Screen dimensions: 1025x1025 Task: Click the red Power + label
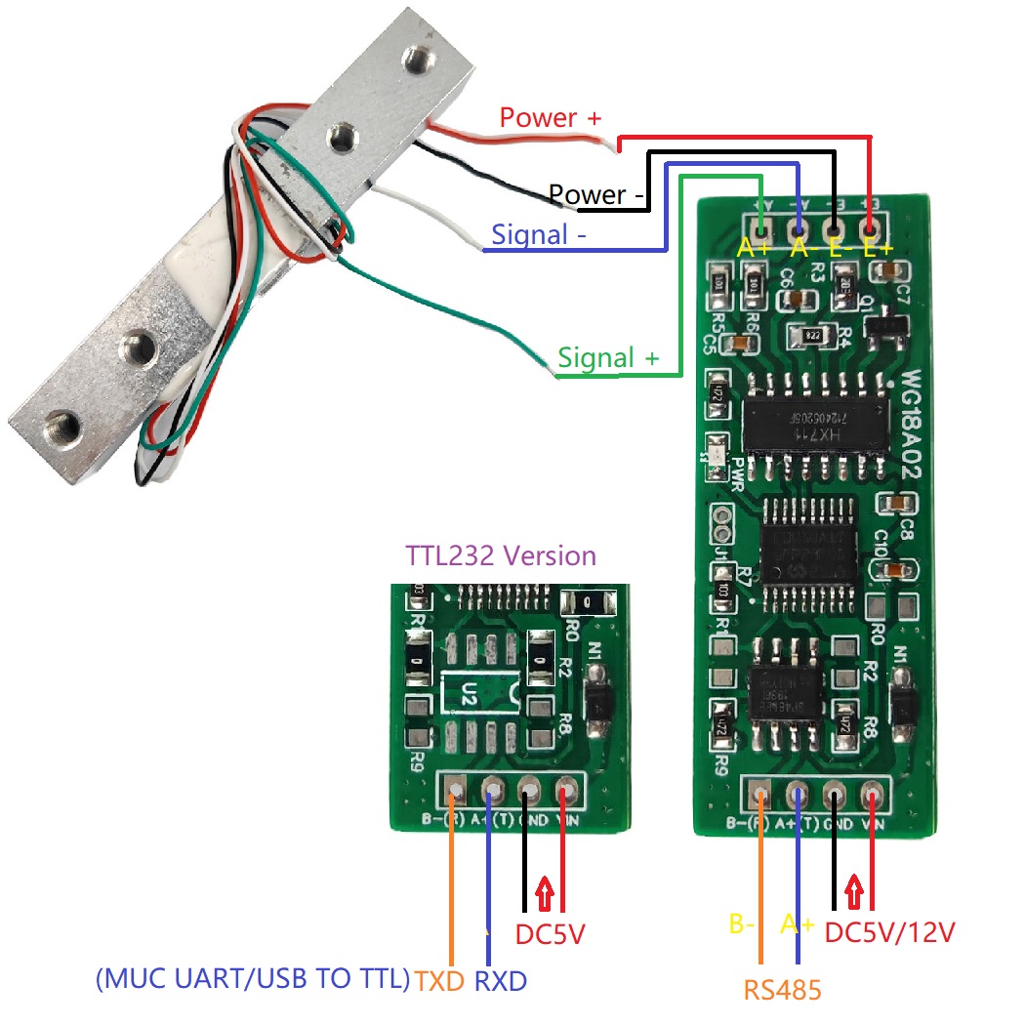(x=551, y=118)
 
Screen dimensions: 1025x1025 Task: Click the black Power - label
(x=597, y=195)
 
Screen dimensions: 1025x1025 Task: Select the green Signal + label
(x=607, y=358)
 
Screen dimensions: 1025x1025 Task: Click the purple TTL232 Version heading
(x=500, y=555)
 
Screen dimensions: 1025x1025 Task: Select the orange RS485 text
(x=782, y=990)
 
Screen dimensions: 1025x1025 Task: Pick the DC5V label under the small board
(x=550, y=934)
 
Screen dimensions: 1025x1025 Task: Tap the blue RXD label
(x=500, y=980)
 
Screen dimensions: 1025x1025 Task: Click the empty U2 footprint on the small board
(x=475, y=691)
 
